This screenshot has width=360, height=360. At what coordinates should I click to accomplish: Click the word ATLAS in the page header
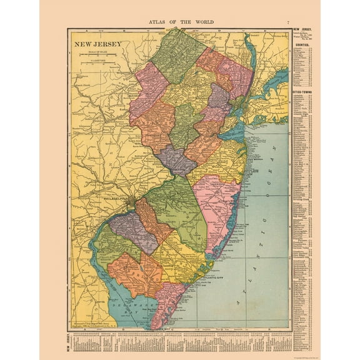(158, 22)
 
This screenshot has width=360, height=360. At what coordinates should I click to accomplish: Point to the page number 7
(288, 22)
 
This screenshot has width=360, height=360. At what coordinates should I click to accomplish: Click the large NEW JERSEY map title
(99, 44)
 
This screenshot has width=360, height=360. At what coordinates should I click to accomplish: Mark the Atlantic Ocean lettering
(262, 231)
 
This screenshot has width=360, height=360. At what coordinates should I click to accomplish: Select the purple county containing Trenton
(176, 159)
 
